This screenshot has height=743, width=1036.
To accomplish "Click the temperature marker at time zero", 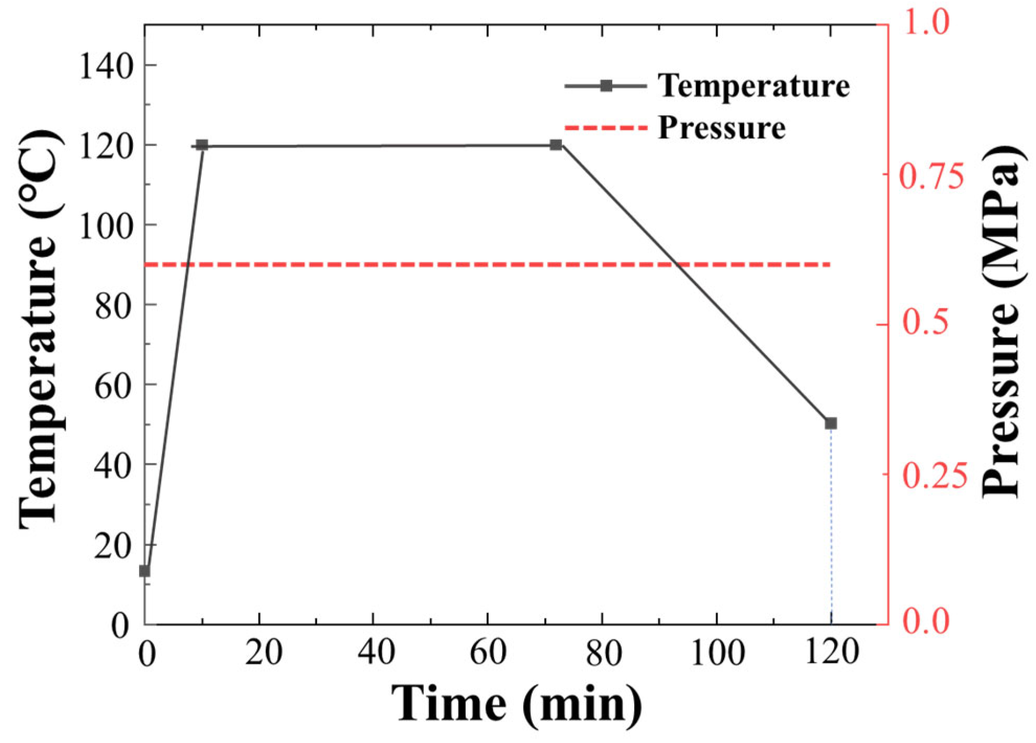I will [144, 571].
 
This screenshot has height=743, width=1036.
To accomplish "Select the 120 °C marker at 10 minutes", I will [202, 145].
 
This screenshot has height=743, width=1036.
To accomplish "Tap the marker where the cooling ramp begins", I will [556, 145].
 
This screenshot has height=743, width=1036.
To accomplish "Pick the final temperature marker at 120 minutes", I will [831, 423].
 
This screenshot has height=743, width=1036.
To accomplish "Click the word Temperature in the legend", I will [753, 86].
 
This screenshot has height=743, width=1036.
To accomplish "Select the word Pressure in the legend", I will [722, 128].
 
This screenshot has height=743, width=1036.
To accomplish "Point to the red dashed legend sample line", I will [606, 128].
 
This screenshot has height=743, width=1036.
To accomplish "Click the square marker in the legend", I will [606, 86].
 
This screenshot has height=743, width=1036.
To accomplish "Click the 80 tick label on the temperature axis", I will [112, 306].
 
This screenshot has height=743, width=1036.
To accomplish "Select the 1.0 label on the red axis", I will [926, 24].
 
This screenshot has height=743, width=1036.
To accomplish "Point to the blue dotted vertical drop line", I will [831, 524].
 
